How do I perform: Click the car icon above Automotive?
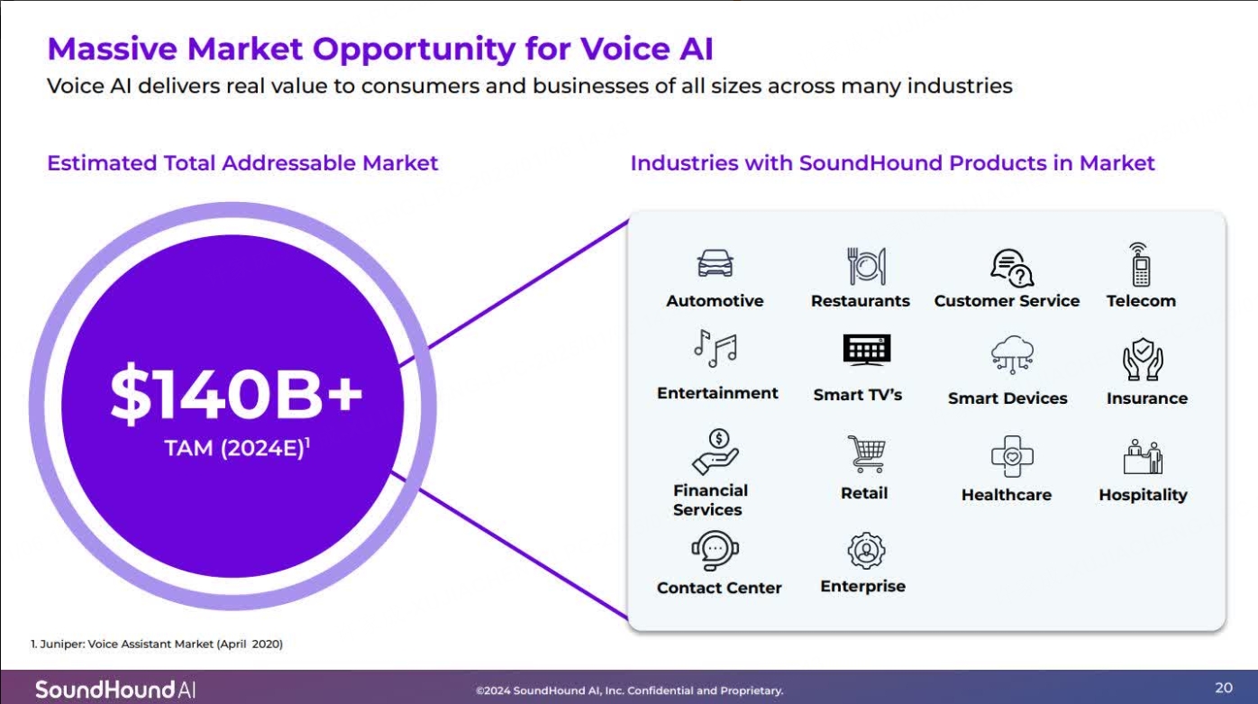pos(715,263)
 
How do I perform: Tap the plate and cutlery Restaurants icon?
pos(867,266)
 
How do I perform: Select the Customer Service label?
pos(1007,300)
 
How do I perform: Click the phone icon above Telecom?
pos(1140,264)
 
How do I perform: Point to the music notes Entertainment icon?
pos(716,348)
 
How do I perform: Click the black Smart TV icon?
pos(867,350)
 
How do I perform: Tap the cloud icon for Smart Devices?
pos(1012,354)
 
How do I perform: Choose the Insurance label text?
pos(1147,398)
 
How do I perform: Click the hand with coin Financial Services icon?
pos(716,452)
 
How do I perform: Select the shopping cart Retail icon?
pos(867,453)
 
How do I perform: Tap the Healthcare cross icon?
pos(1012,456)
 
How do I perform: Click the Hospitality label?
pos(1143,495)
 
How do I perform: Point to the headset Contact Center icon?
pos(715,551)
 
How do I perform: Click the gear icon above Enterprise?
pos(866,551)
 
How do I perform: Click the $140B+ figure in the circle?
pos(236,394)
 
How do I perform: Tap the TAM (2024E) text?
pos(236,448)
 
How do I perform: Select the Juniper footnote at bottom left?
pos(157,644)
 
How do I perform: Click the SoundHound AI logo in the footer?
pos(115,690)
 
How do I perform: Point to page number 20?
pos(1224,688)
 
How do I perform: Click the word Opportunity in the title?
pos(415,49)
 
